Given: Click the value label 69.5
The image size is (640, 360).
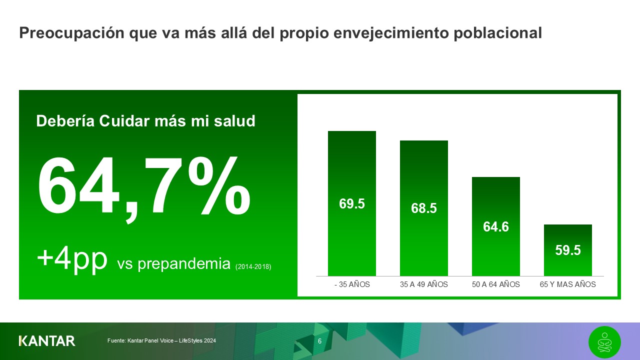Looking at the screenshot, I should [x=352, y=204].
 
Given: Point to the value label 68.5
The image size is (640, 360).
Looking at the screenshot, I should [x=424, y=208].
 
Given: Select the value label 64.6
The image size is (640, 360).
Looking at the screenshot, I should [x=496, y=227].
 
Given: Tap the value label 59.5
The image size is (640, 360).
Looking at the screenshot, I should [x=568, y=250].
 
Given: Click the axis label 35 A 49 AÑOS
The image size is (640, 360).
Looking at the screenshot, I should [x=424, y=284].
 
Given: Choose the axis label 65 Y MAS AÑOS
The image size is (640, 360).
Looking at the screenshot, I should [x=568, y=284].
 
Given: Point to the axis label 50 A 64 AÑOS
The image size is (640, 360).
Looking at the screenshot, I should [x=496, y=284].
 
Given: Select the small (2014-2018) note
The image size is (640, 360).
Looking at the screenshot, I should [x=253, y=267].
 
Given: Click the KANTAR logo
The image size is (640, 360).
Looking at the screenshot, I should [x=47, y=341].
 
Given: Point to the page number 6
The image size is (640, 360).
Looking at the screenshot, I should [x=319, y=341].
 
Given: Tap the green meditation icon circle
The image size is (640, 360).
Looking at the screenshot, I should [x=604, y=342].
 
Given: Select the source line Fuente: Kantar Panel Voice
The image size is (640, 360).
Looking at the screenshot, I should [x=161, y=341].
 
